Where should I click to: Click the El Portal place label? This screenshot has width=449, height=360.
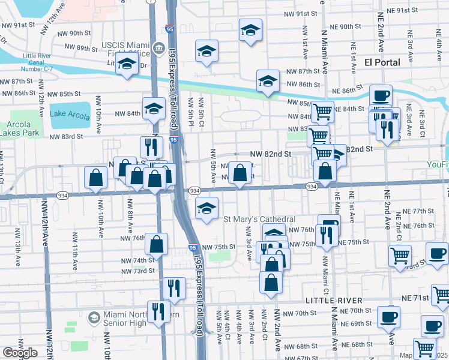[382, 62]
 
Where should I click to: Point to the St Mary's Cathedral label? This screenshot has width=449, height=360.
[259, 219]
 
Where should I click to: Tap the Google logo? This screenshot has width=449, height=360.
[20, 353]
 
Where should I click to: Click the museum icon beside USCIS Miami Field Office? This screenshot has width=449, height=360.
[158, 49]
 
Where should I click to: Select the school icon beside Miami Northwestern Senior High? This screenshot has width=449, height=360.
[94, 317]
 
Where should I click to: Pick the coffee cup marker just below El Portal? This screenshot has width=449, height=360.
[380, 95]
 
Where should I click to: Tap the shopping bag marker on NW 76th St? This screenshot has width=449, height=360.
[156, 244]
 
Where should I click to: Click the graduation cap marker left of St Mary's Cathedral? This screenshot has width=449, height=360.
[206, 208]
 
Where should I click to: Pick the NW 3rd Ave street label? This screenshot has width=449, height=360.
[249, 248]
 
